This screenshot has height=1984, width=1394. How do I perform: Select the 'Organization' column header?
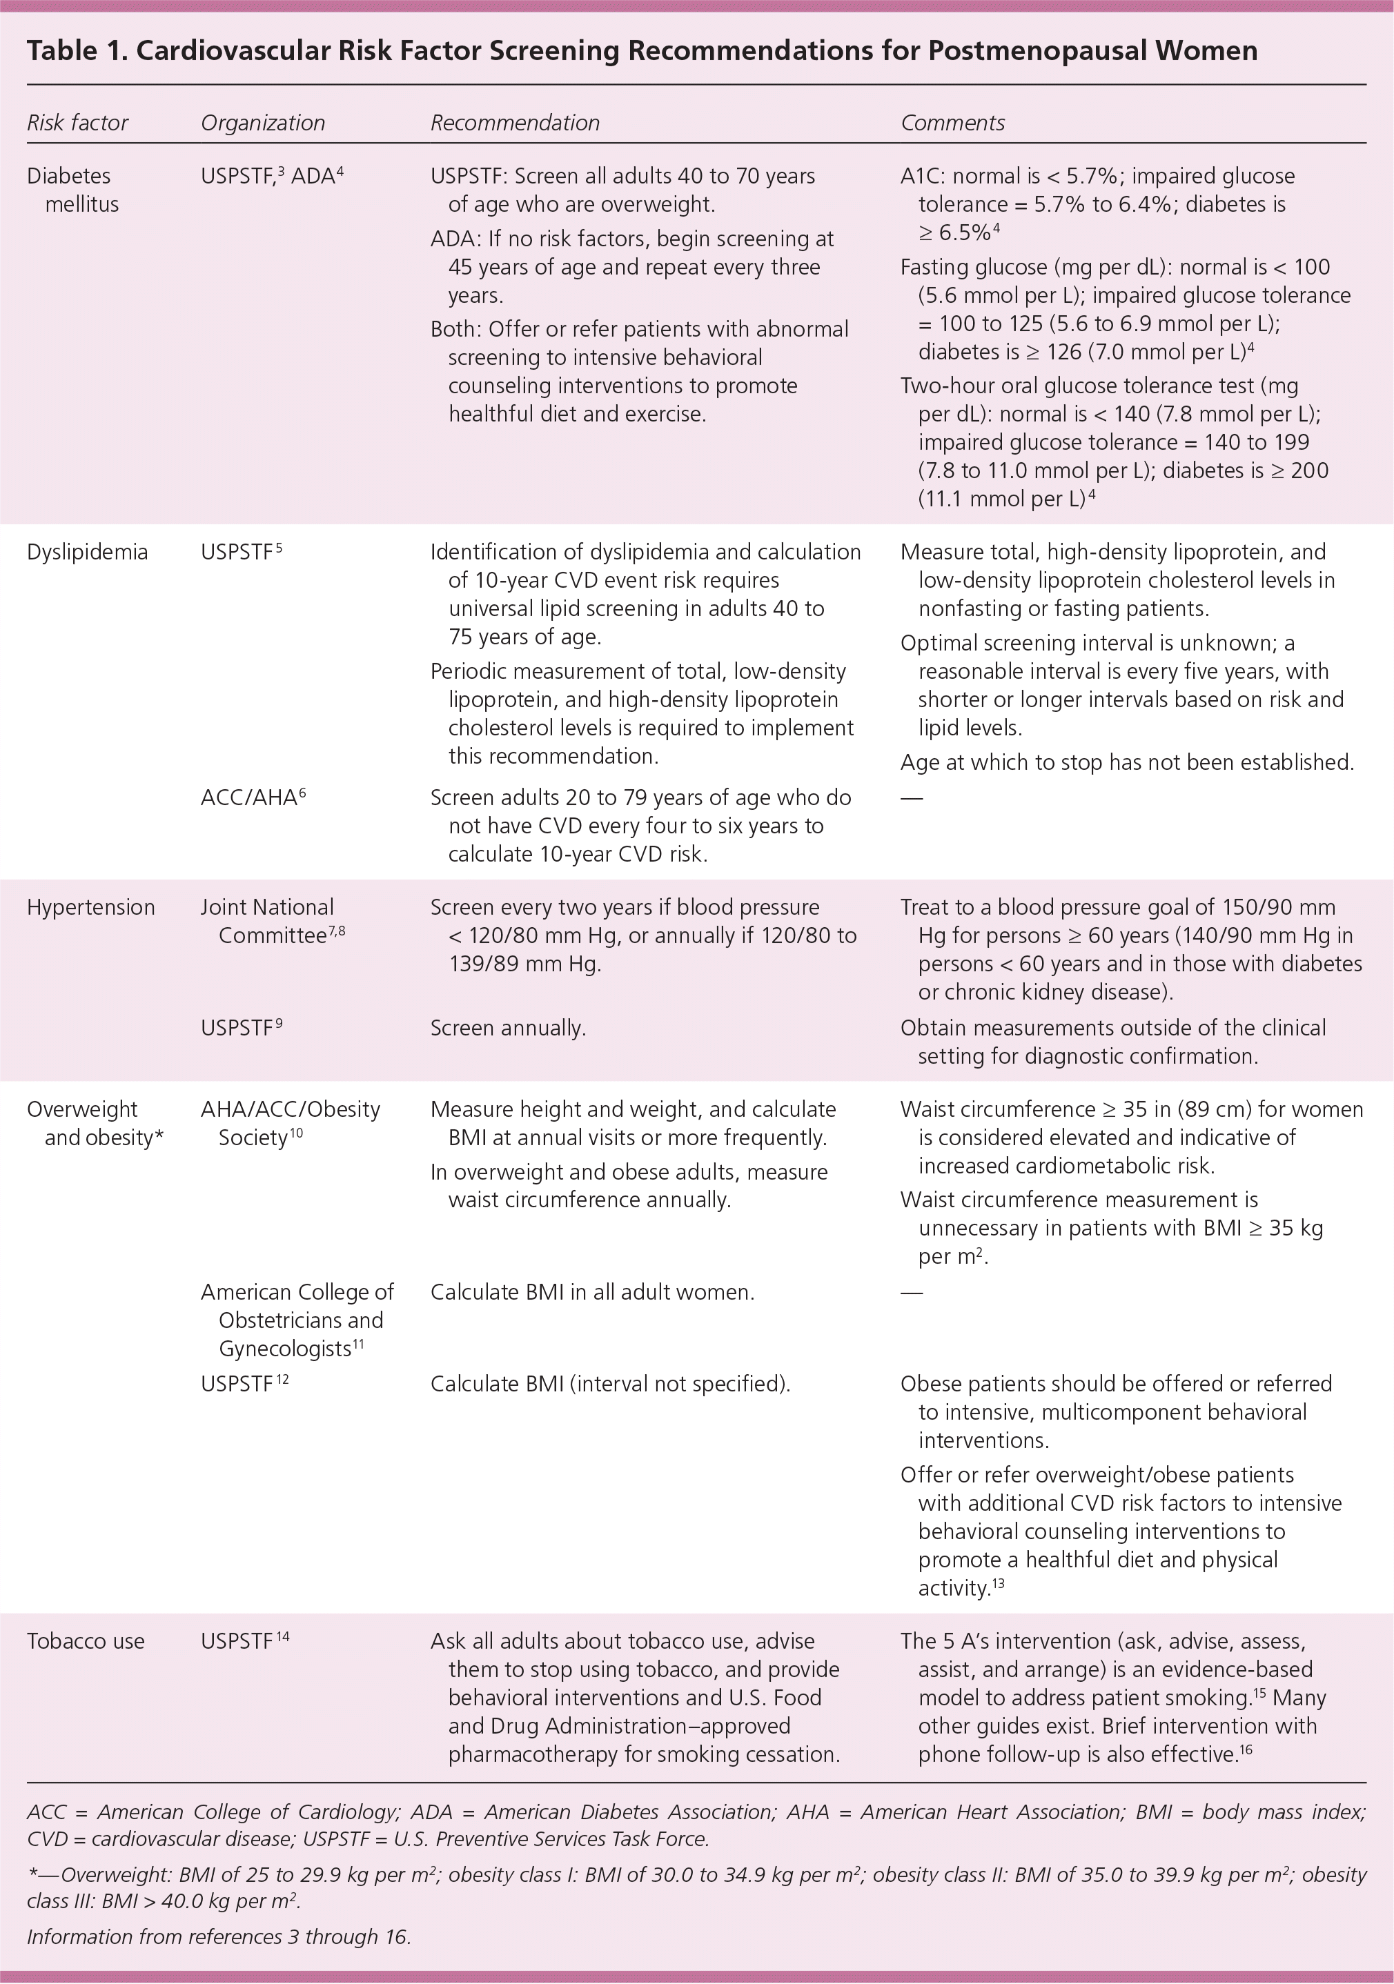click(x=263, y=123)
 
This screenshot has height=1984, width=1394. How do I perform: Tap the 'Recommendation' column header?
click(x=514, y=123)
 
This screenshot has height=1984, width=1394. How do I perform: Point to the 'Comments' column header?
click(x=952, y=123)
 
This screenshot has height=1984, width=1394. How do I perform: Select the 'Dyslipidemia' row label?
click(x=86, y=551)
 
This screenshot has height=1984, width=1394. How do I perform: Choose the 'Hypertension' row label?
click(x=90, y=906)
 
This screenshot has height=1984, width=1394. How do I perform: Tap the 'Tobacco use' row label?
click(x=86, y=1641)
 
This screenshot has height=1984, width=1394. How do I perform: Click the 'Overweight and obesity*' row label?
click(x=95, y=1122)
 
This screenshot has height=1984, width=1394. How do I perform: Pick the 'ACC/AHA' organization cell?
click(x=253, y=797)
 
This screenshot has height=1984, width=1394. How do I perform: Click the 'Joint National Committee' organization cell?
click(x=272, y=921)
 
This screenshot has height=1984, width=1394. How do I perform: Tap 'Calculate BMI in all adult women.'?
click(x=592, y=1292)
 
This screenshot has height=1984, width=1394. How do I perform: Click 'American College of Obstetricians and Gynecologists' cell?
click(x=297, y=1320)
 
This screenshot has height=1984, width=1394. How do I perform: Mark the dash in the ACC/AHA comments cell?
click(x=911, y=797)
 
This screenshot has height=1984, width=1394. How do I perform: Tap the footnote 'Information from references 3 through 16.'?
click(x=219, y=1936)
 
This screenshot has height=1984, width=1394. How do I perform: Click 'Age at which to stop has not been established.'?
click(x=1126, y=762)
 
